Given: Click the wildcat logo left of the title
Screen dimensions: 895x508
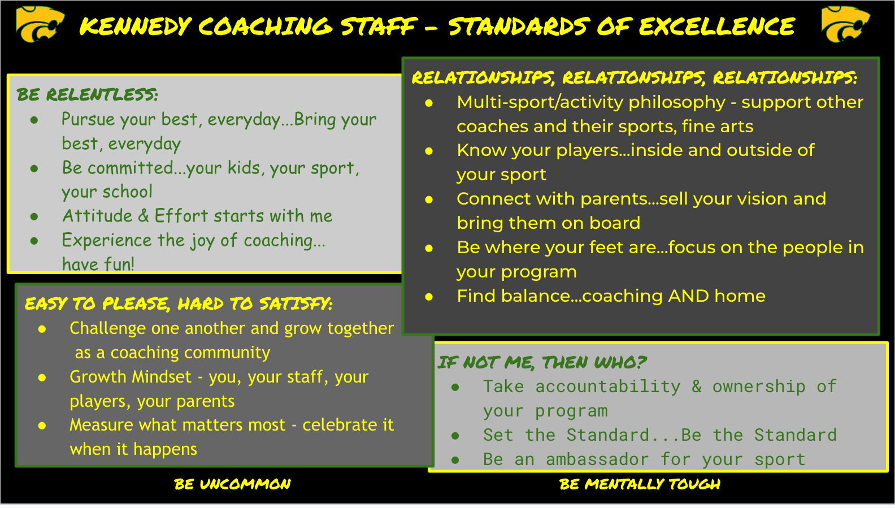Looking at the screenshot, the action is [40, 24].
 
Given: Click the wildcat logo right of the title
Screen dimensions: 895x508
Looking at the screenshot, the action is [845, 24].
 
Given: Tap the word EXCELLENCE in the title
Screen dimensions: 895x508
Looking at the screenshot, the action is [717, 27].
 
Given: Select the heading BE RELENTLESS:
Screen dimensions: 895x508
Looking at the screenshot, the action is [88, 95].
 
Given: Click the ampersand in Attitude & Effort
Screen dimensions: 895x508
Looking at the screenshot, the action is [143, 216].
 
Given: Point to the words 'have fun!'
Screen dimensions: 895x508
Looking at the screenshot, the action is [98, 264].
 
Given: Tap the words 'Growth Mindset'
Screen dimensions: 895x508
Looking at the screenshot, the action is [131, 377].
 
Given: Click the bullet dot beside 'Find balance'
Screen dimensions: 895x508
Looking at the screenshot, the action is [429, 297].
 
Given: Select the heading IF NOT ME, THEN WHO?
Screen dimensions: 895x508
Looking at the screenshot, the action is [542, 363].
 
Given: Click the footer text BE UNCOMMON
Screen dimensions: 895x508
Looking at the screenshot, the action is [233, 484].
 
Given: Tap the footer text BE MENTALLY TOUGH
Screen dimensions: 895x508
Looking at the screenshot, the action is [640, 484].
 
